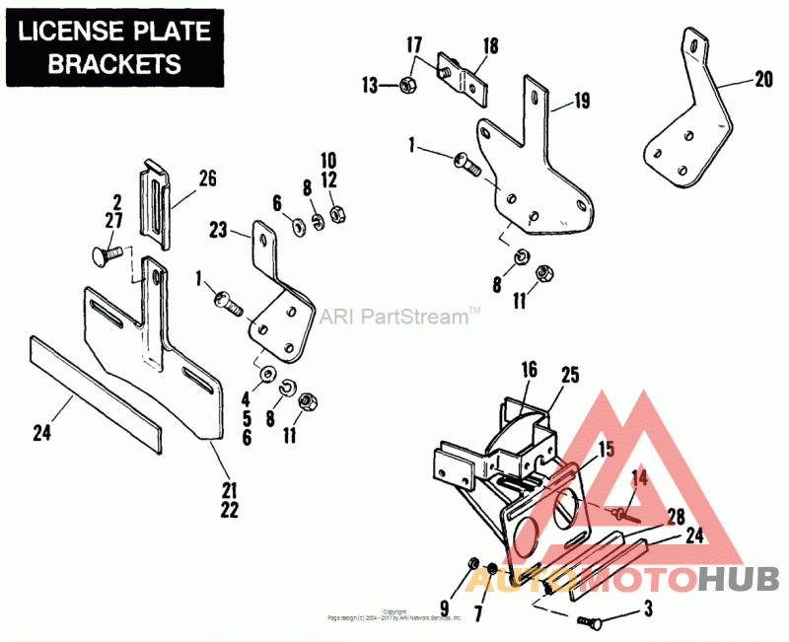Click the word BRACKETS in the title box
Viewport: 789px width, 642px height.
click(x=115, y=63)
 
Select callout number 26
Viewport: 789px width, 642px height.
click(x=206, y=178)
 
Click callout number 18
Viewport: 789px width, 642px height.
click(x=491, y=46)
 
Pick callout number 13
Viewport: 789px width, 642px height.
click(x=370, y=86)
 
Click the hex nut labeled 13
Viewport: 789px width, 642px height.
click(x=407, y=85)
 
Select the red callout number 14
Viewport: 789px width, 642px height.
click(x=639, y=477)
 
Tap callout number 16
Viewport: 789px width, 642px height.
click(x=529, y=370)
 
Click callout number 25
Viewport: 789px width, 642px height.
click(x=570, y=375)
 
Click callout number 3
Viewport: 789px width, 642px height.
click(x=649, y=608)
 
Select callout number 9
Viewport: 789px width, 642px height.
click(x=444, y=607)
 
